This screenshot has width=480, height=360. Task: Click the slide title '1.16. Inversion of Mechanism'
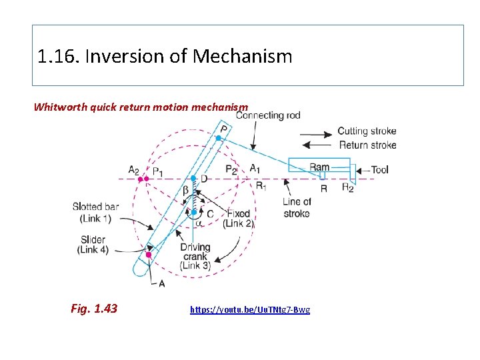[x=165, y=56]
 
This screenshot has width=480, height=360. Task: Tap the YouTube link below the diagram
[x=250, y=309]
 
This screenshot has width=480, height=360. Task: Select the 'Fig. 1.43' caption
[x=93, y=308]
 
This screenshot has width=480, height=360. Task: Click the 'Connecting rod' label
[x=268, y=115]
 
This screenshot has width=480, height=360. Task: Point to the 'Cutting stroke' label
[x=367, y=131]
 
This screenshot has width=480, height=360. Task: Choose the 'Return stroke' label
[x=367, y=145]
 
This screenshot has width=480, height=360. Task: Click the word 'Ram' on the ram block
[x=319, y=167]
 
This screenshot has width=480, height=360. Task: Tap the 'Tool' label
[x=379, y=170]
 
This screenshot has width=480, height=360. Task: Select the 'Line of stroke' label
[x=297, y=207]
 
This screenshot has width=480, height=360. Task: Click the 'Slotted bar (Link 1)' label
[x=95, y=213]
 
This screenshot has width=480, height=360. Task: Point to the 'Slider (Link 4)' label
[x=93, y=245]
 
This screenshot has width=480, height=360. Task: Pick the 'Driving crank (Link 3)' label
[x=195, y=257]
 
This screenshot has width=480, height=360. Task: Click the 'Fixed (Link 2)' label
[x=239, y=219]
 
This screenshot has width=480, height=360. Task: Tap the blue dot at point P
[x=218, y=138]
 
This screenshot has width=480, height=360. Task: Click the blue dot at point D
[x=193, y=178]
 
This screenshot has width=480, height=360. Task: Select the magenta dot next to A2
[x=141, y=179]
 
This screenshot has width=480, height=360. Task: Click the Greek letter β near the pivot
[x=185, y=191]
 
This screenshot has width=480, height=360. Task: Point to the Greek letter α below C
[x=199, y=224]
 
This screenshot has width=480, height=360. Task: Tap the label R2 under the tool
[x=347, y=188]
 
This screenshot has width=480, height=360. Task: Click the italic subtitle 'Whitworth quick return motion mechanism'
[x=141, y=107]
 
